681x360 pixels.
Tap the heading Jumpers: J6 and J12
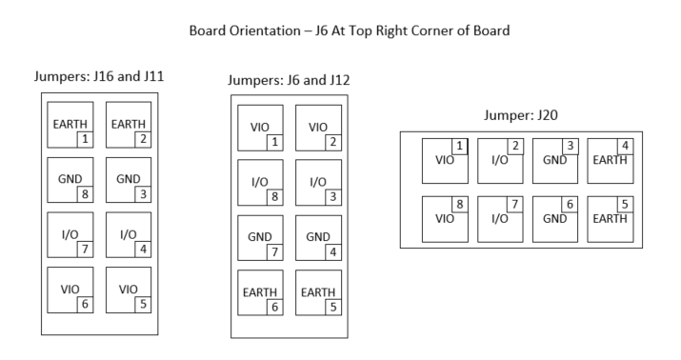pyautogui.click(x=290, y=80)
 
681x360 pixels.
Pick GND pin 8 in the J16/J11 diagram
pyautogui.click(x=71, y=180)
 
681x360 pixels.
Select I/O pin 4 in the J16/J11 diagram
pyautogui.click(x=128, y=235)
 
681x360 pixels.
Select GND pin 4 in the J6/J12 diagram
pyautogui.click(x=318, y=239)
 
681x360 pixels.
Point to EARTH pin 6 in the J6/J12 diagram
pyautogui.click(x=261, y=295)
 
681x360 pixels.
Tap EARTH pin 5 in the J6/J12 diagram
pyautogui.click(x=318, y=295)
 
